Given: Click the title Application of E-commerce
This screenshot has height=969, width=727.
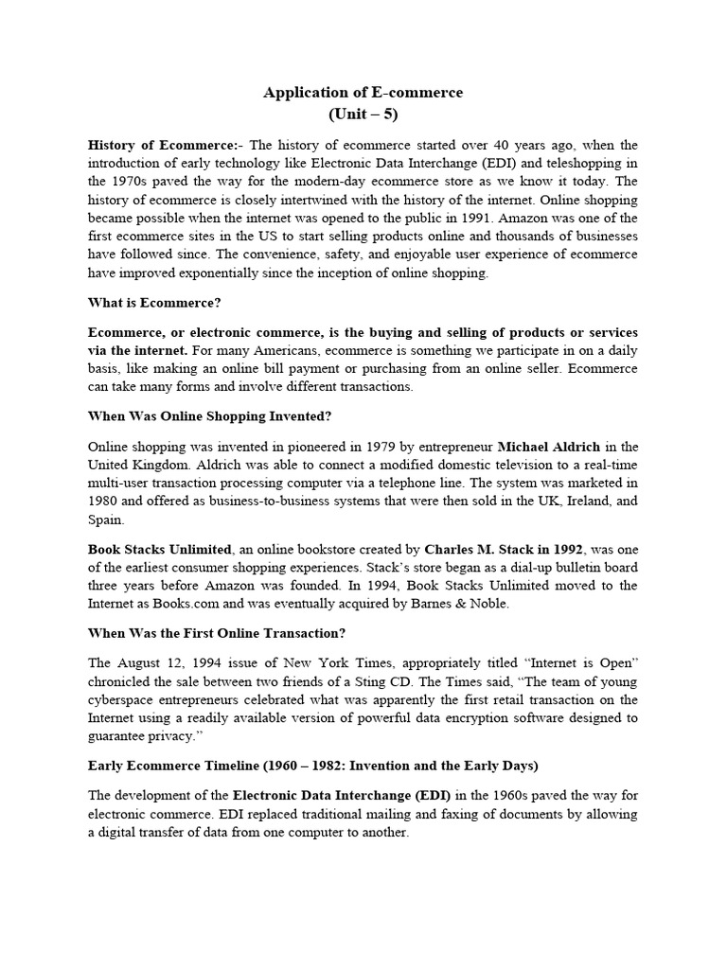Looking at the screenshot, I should [363, 93].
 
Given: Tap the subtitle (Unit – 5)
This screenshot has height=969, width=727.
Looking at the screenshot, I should [363, 115].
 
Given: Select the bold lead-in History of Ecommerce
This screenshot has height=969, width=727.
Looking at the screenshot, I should [161, 146].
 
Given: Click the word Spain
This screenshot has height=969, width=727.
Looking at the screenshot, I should [105, 520].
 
